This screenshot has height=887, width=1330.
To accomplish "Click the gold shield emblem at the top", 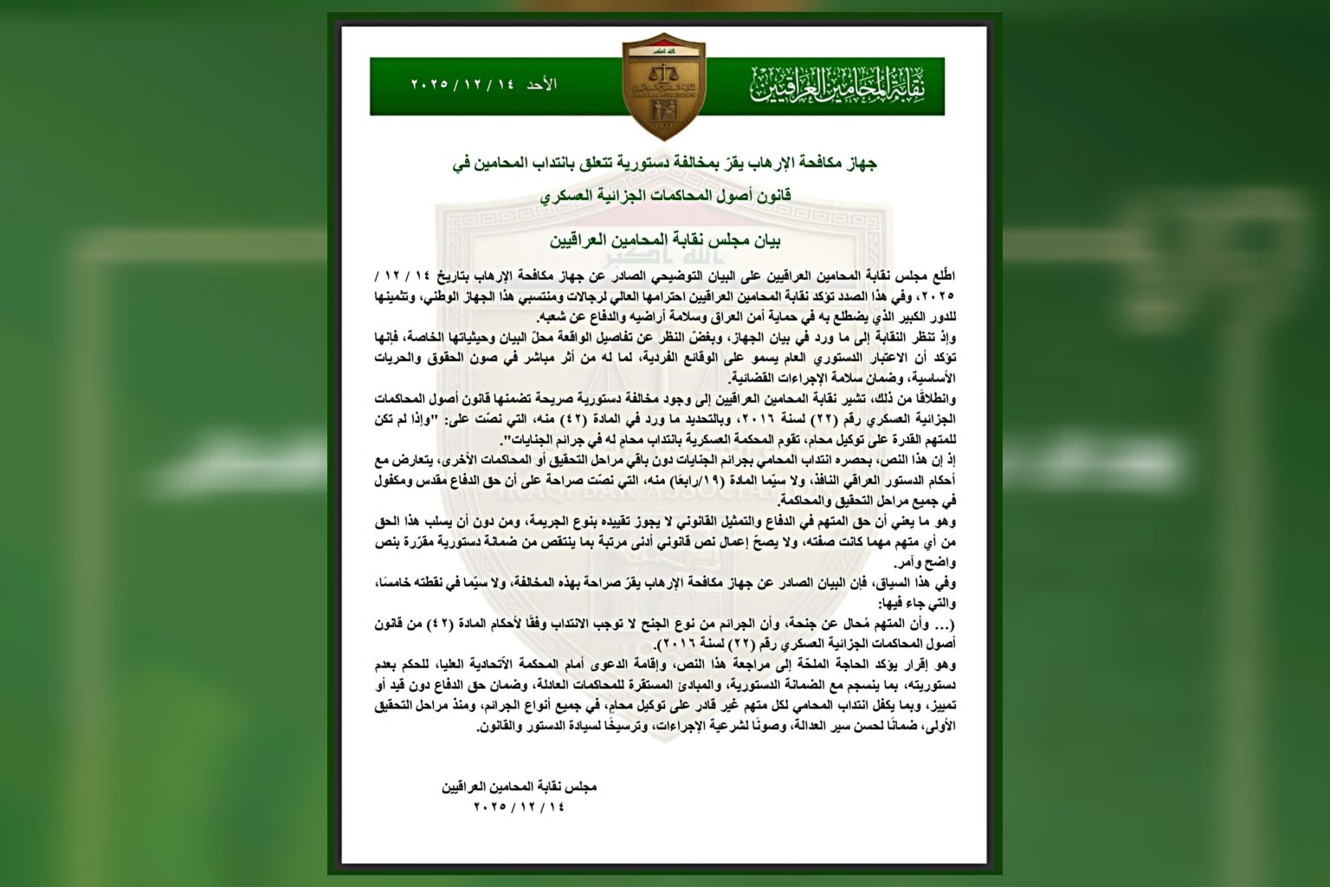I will coord(664,86).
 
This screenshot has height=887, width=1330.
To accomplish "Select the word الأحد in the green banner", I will coord(542,85).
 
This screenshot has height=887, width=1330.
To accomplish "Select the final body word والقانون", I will coord(500,728).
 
